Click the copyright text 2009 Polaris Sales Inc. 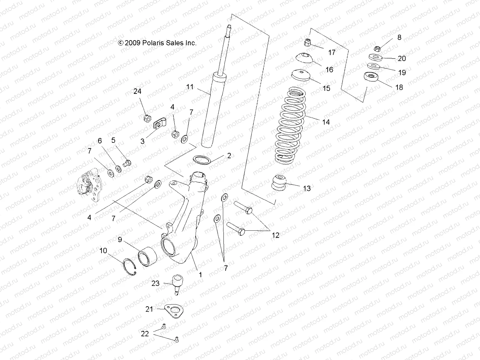click(x=157, y=43)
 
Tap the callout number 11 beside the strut click(x=190, y=87)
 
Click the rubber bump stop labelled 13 click(x=279, y=183)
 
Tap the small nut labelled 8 click(x=378, y=48)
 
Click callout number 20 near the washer click(x=401, y=58)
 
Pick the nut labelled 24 click(x=147, y=117)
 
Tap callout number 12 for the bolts click(x=275, y=235)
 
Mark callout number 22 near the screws click(x=145, y=334)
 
